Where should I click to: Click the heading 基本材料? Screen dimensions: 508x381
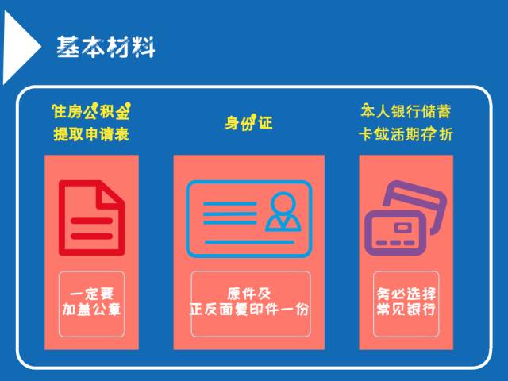click(106, 47)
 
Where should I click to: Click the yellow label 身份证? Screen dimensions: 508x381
click(248, 122)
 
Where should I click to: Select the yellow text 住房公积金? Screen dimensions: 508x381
click(91, 111)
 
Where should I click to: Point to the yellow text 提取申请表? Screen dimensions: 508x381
click(91, 134)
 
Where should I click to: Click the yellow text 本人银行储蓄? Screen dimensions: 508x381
click(406, 111)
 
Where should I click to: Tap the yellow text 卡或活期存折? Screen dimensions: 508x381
click(406, 134)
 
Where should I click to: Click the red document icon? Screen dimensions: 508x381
click(92, 217)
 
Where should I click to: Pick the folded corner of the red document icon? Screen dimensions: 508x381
click(110, 194)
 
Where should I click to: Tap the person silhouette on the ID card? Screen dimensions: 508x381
click(283, 212)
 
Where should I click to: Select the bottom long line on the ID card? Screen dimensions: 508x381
click(249, 242)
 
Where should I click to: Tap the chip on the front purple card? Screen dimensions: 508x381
click(402, 228)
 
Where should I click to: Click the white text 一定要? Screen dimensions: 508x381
click(92, 294)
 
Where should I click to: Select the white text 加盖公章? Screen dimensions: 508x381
click(92, 310)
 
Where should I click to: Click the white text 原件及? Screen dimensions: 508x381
click(248, 294)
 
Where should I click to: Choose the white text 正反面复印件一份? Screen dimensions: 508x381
click(248, 310)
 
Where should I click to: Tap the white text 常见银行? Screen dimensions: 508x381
click(406, 310)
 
